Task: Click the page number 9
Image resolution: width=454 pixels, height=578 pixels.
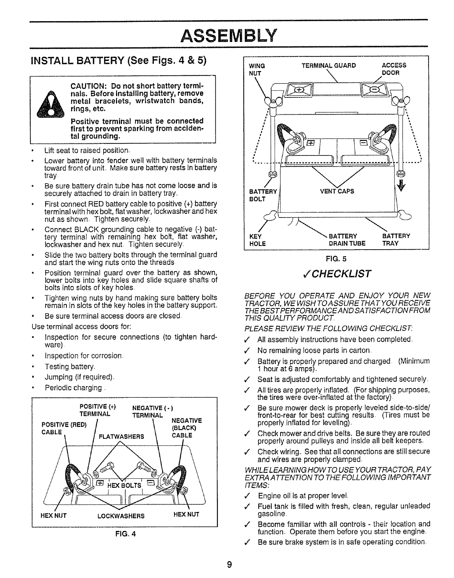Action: (x=229, y=565)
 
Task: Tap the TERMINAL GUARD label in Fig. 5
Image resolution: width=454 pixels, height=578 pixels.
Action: (x=328, y=66)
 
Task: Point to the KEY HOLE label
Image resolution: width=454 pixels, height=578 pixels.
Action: (x=257, y=240)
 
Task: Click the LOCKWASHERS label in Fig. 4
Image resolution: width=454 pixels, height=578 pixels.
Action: (x=121, y=516)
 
